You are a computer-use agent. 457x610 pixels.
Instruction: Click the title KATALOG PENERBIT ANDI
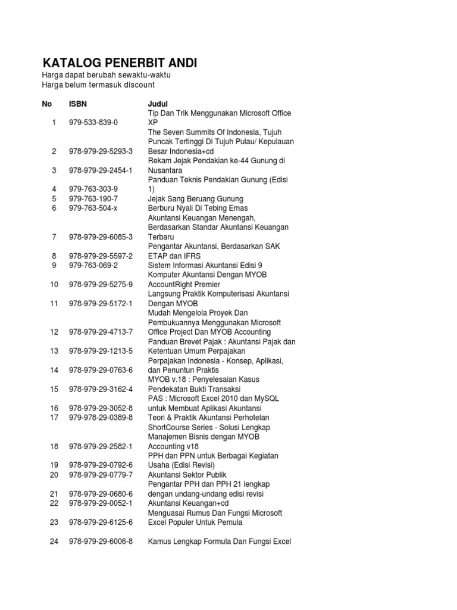(119, 63)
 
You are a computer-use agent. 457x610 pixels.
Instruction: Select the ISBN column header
(78, 104)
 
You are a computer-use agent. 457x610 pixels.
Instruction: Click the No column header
(47, 104)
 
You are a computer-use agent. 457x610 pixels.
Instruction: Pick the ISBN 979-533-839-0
(93, 122)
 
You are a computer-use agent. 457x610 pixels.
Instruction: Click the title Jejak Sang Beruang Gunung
(196, 198)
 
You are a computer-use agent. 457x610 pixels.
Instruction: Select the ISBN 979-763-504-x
(93, 208)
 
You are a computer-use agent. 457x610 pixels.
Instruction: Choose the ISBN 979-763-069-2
(93, 265)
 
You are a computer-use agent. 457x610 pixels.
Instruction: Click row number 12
(54, 332)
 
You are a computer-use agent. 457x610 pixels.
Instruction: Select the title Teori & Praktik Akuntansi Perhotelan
(213, 418)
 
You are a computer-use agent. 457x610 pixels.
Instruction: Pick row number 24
(54, 541)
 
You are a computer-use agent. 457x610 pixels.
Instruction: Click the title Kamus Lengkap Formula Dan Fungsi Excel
(219, 541)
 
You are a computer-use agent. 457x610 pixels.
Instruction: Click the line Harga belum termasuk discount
(98, 85)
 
